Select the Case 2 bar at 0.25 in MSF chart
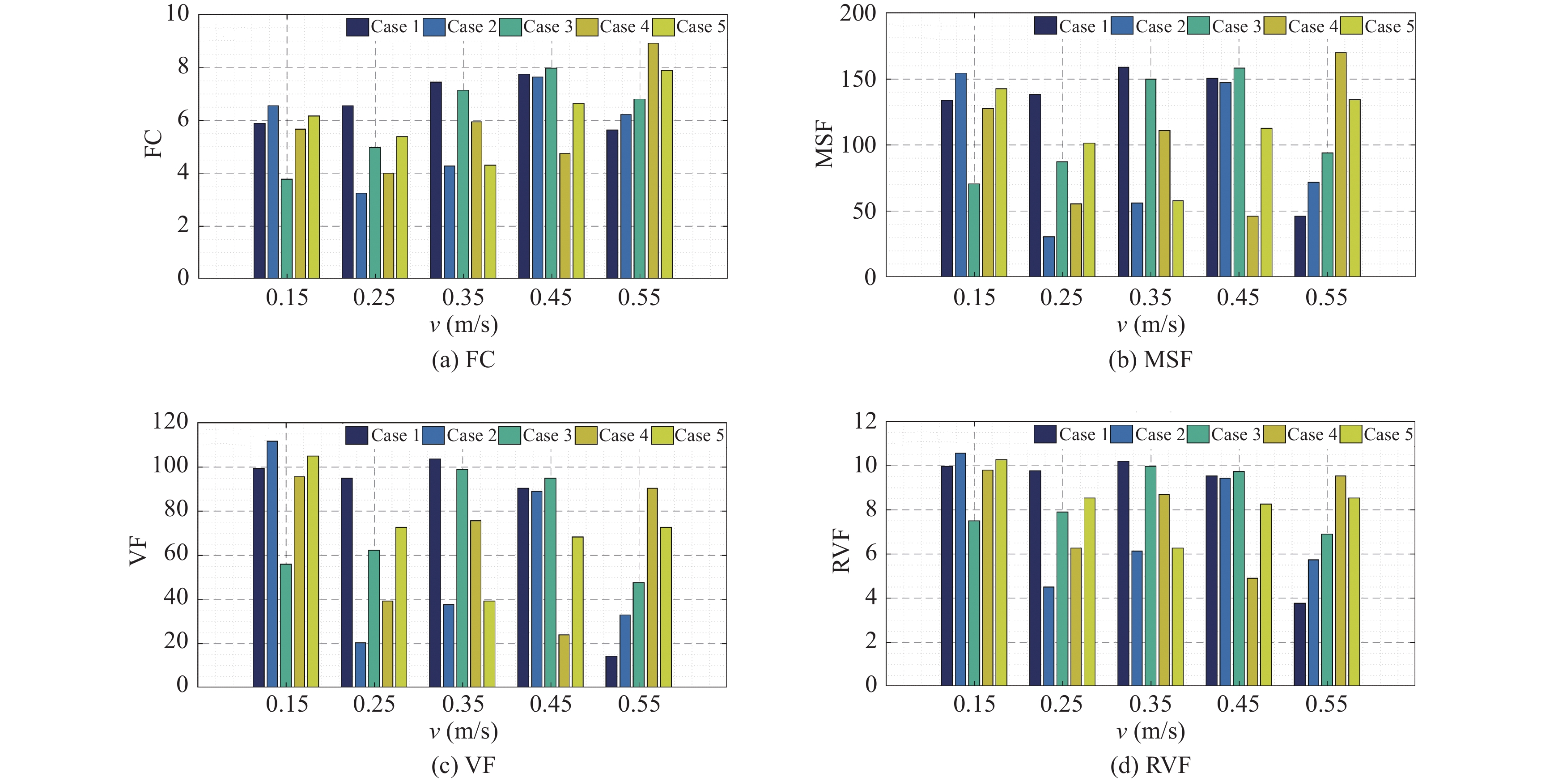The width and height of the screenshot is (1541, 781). (x=1049, y=257)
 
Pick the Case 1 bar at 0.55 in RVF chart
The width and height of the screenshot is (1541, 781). (x=1299, y=644)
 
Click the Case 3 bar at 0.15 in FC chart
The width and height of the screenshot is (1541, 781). (x=287, y=229)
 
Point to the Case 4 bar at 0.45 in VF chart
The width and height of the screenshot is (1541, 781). (x=564, y=660)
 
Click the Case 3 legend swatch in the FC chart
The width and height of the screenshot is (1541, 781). (x=510, y=27)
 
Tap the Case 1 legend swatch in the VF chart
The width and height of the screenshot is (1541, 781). (x=357, y=435)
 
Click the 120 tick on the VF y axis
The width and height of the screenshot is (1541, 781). (x=170, y=422)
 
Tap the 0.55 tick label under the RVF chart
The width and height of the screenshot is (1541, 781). (x=1326, y=705)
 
